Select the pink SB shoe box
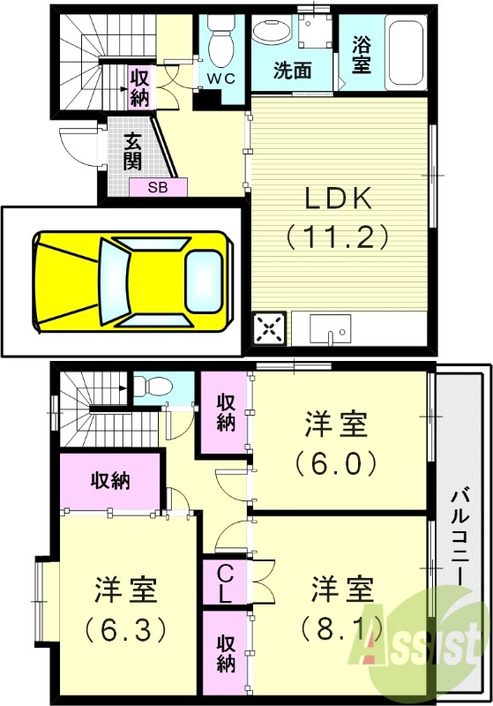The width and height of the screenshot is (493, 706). click(x=159, y=187)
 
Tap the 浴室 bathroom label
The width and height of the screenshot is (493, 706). click(x=362, y=55)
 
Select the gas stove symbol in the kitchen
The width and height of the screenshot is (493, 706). click(x=270, y=329)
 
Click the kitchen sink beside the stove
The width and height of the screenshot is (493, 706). click(x=332, y=330)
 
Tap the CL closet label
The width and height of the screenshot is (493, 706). click(x=225, y=583)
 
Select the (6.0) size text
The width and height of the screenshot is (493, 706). click(x=337, y=462)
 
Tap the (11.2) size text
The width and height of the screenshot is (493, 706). click(x=339, y=236)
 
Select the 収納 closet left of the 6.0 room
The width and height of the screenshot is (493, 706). click(x=226, y=412)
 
